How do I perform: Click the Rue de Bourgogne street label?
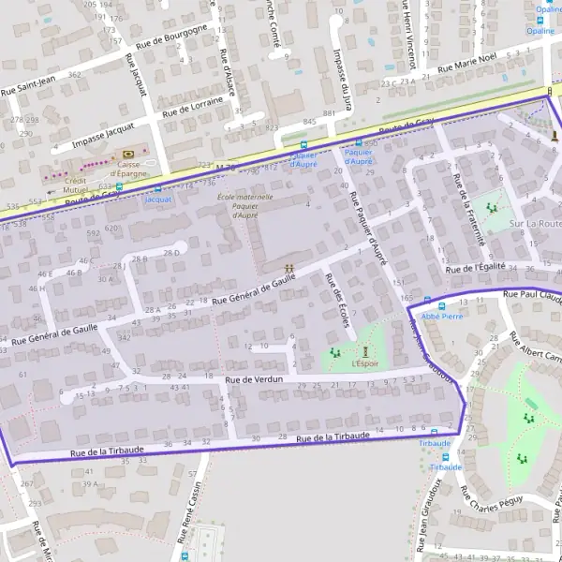point(171,36)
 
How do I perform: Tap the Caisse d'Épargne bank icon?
point(130,154)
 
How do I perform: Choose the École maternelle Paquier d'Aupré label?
point(244,206)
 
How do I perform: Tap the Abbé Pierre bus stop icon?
point(442,304)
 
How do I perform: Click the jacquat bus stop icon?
point(157,188)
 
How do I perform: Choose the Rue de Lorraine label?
point(193,106)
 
